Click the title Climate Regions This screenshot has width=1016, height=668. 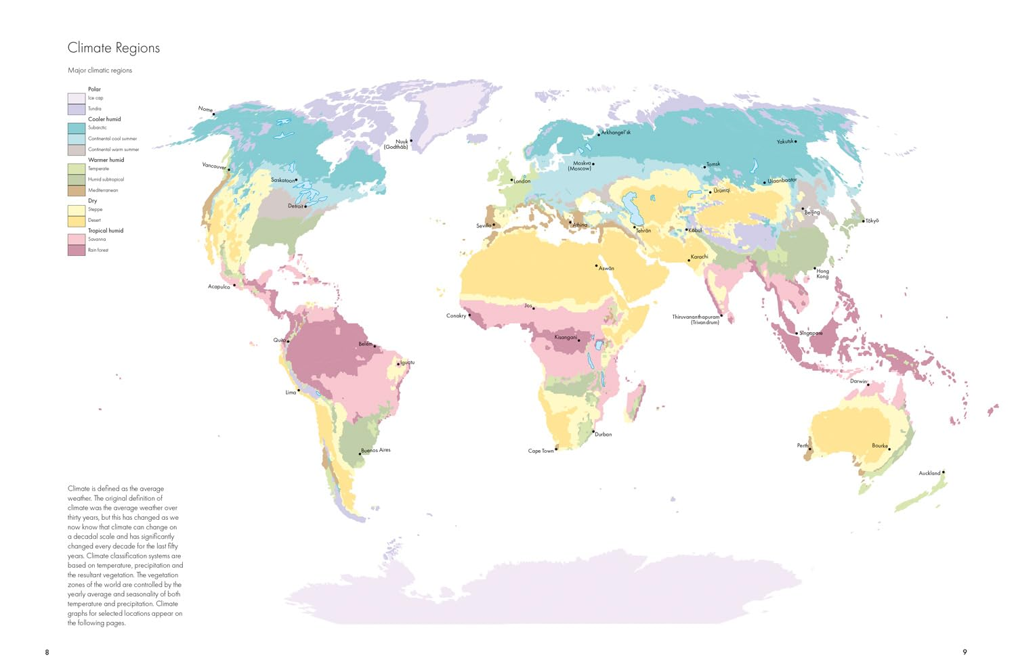pos(114,48)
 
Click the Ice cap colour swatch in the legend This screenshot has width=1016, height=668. pos(77,98)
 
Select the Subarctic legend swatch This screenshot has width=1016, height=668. pos(77,128)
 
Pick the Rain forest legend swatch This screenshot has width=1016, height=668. pos(77,250)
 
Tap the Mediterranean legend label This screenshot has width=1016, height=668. pos(103,190)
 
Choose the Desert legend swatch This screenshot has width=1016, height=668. pos(77,221)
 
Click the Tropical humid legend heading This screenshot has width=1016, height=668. pos(106,231)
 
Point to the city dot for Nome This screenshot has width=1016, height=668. pos(214,114)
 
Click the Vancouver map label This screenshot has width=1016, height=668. pos(214,166)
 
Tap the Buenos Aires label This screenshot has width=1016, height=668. pos(377,450)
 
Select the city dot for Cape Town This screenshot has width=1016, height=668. pos(556,449)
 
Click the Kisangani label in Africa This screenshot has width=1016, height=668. pos(566,337)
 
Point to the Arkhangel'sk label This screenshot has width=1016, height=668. pos(616,133)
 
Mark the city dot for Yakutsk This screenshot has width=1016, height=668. pos(796,141)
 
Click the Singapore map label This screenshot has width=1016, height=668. pos(811,333)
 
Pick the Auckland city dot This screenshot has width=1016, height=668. pos(944,472)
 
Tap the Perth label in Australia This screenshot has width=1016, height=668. pos(802,445)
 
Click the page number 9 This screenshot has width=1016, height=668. pos(965,652)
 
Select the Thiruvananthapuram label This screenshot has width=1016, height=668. pos(696,317)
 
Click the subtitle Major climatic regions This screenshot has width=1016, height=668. pos(100,70)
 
